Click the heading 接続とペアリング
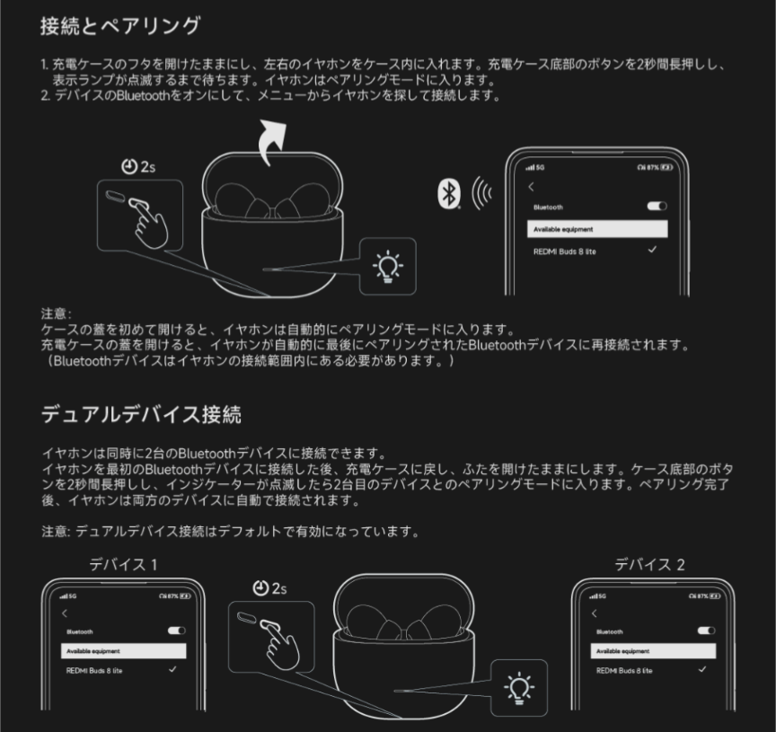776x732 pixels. point(120,26)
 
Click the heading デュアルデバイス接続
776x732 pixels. point(142,414)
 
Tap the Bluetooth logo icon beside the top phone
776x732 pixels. point(449,193)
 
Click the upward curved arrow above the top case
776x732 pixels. point(273,142)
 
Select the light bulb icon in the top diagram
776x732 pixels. point(388,266)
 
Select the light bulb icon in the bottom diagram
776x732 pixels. point(519,688)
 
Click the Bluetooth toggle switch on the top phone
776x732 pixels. point(657,206)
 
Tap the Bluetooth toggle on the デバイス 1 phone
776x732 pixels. point(177,631)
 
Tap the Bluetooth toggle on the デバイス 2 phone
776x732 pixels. point(706,631)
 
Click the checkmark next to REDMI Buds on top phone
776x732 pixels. point(652,250)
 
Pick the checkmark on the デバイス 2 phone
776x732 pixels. point(701,670)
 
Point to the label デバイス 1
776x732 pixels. point(123,564)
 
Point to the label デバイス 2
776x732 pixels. point(649,564)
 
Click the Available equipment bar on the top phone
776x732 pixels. point(597,229)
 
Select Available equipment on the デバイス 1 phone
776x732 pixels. point(123,651)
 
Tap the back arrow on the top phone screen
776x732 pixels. point(531,187)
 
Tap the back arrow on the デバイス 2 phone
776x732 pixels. point(595,613)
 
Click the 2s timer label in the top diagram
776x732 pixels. point(138,167)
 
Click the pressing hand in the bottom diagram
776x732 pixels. point(279,644)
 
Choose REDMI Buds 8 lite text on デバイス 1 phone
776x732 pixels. point(94,671)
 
